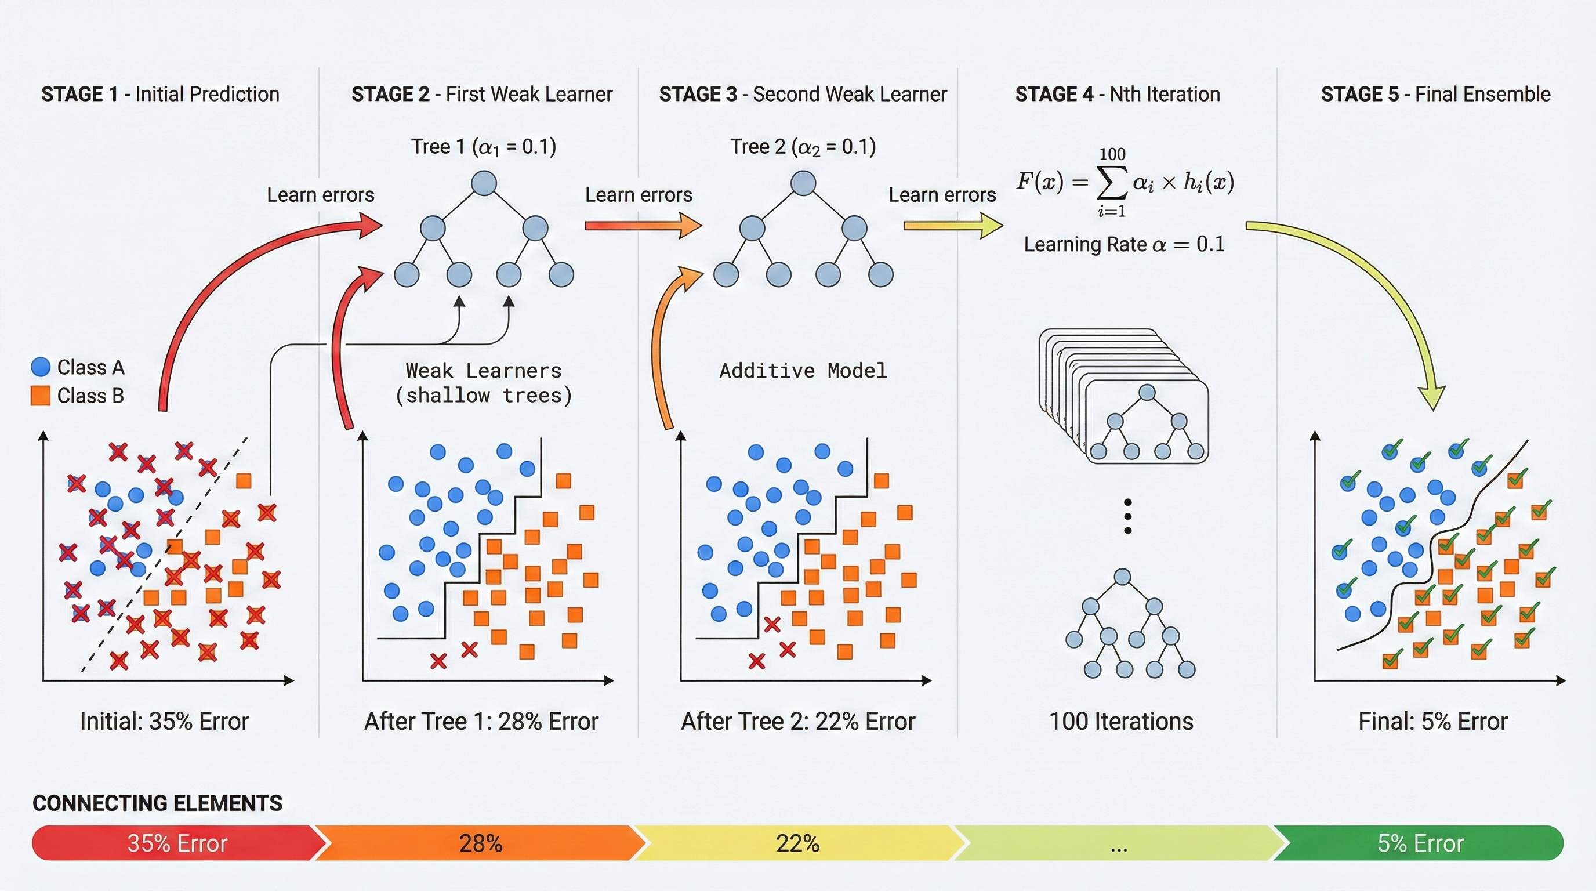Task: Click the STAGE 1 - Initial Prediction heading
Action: pyautogui.click(x=160, y=94)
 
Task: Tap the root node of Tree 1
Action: pyautogui.click(x=484, y=183)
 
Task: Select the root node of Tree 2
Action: pyautogui.click(x=803, y=183)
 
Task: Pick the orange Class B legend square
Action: pyautogui.click(x=40, y=395)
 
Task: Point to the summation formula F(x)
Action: pyautogui.click(x=1125, y=182)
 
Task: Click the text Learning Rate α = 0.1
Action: pyautogui.click(x=1124, y=244)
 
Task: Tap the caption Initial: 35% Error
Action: pyautogui.click(x=164, y=721)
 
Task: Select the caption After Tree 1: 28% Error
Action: pyautogui.click(x=481, y=721)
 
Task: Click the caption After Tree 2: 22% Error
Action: pyautogui.click(x=798, y=721)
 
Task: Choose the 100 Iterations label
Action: pyautogui.click(x=1121, y=721)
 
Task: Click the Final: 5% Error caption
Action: pyautogui.click(x=1432, y=721)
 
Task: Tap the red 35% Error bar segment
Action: pyautogui.click(x=176, y=843)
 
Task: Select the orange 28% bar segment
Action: pyautogui.click(x=481, y=843)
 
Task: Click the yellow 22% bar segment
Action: pyautogui.click(x=798, y=843)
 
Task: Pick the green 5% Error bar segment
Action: pyautogui.click(x=1420, y=843)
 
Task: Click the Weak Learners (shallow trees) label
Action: pyautogui.click(x=483, y=383)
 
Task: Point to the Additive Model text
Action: pyautogui.click(x=803, y=371)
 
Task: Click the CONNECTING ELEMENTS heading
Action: pyautogui.click(x=157, y=803)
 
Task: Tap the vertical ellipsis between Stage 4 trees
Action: pyautogui.click(x=1127, y=516)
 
